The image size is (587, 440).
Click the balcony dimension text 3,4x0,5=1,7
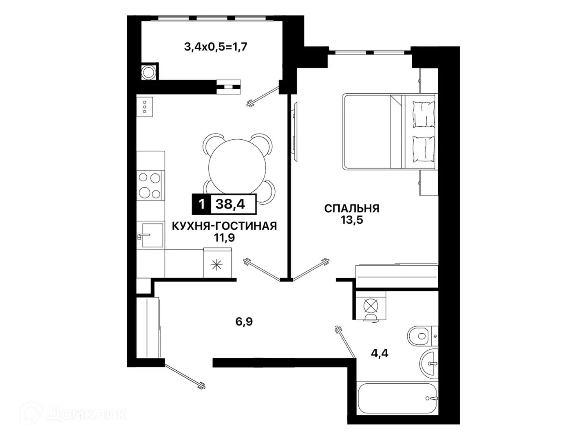(x=216, y=47)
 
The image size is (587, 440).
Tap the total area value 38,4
(x=230, y=205)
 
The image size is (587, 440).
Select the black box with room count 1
(x=202, y=205)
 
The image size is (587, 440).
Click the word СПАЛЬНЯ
(x=352, y=208)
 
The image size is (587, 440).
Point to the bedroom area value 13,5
(x=352, y=220)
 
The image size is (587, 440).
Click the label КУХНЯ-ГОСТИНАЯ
(x=224, y=226)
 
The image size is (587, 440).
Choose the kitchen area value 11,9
(x=224, y=238)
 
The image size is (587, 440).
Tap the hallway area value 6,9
(x=244, y=322)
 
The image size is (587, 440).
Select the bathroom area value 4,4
(x=380, y=354)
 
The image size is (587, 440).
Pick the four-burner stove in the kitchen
(x=150, y=186)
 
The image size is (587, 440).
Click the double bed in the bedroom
(x=390, y=132)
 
